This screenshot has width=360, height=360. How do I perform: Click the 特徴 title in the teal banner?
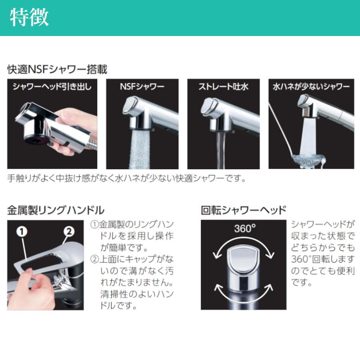coord(29,17)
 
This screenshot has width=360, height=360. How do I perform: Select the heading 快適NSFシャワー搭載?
coord(57,69)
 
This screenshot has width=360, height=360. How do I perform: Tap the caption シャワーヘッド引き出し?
coord(52,86)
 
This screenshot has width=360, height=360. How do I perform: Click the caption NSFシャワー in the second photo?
coord(142,86)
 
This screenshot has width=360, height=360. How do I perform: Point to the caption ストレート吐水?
coord(223,86)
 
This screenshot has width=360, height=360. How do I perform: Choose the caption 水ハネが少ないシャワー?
coord(311,86)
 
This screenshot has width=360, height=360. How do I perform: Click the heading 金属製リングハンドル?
coord(56,210)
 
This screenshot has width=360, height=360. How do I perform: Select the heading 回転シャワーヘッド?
coord(244,210)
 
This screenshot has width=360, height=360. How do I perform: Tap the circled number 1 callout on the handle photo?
coord(22,232)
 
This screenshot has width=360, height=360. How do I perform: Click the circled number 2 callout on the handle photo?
coord(69,232)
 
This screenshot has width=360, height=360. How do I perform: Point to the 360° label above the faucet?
coord(245,228)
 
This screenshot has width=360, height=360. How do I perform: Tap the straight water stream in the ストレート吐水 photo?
coord(220,149)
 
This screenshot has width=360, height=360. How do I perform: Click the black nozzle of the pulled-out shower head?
coord(37,139)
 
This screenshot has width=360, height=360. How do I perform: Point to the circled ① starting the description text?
coord(94,224)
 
